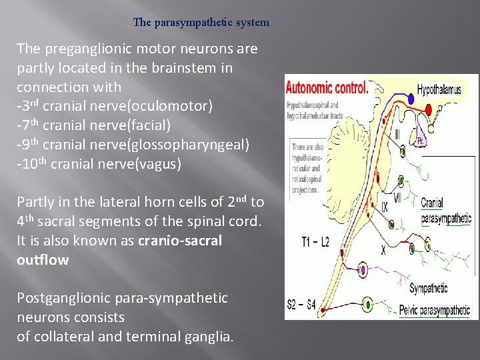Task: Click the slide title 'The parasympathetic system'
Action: click(x=201, y=23)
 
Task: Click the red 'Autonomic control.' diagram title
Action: click(x=327, y=87)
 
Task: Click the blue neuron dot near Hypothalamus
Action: click(x=411, y=98)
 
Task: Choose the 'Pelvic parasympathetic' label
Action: click(x=434, y=309)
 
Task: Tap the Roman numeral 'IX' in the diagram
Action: click(x=385, y=207)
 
